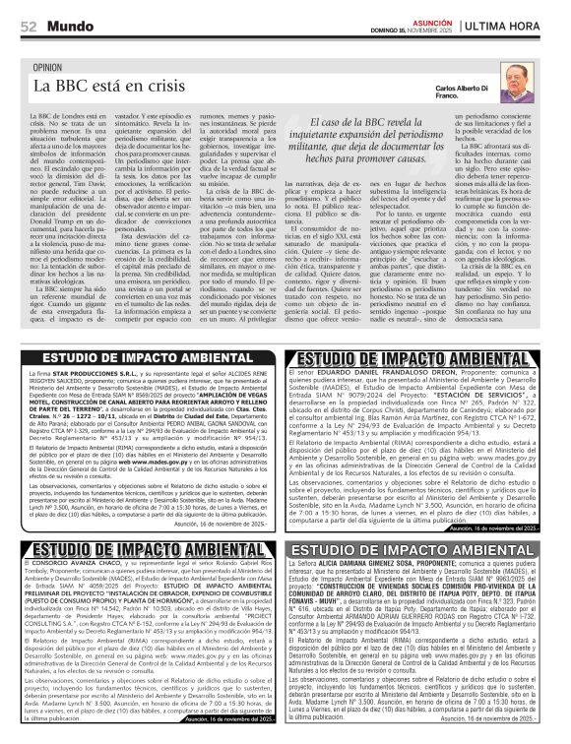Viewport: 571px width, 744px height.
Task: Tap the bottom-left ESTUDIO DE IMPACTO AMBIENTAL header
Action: pyautogui.click(x=151, y=548)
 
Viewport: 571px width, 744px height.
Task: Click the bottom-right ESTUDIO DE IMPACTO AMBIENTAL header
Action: pyautogui.click(x=426, y=548)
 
